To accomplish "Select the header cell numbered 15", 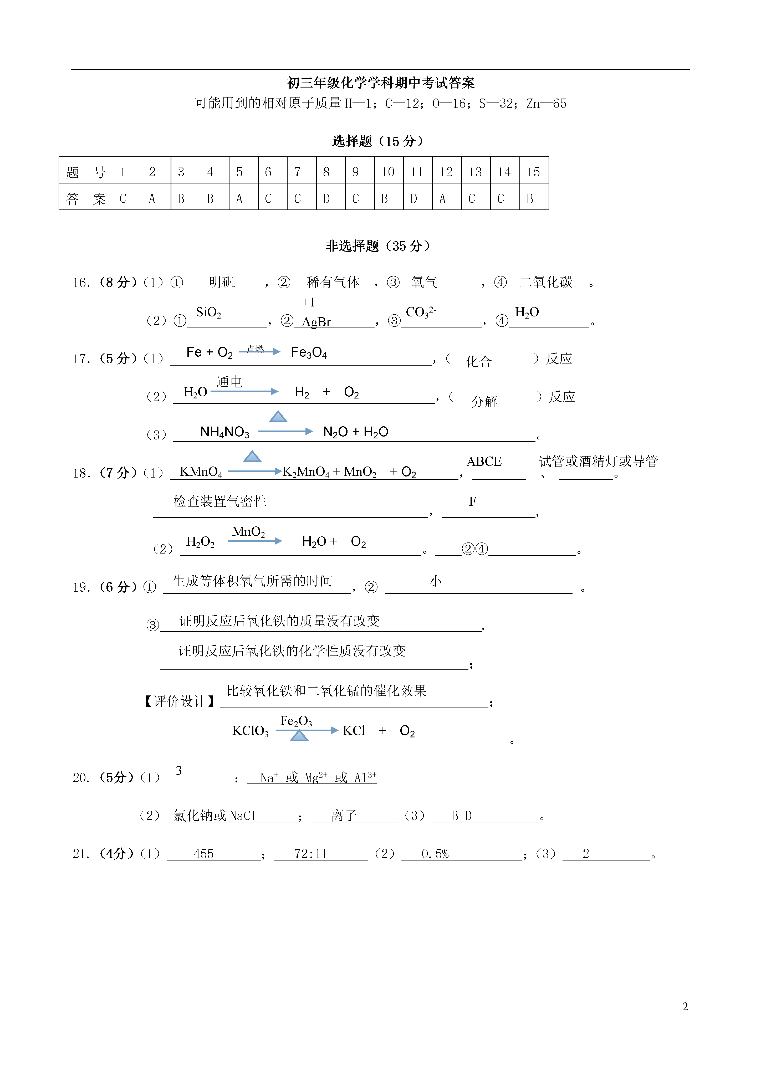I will click(533, 172).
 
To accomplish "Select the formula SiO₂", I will click(208, 312).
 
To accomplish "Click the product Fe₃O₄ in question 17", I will click(309, 352).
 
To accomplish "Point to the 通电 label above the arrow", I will click(229, 382).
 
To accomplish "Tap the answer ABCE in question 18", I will click(484, 462).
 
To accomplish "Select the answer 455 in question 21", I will click(204, 854).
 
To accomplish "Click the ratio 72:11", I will click(310, 854).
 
